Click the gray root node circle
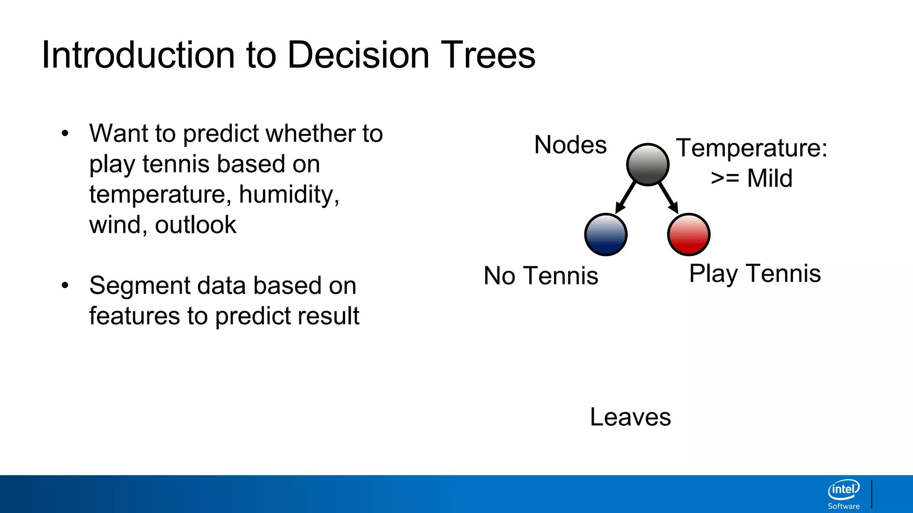tap(647, 164)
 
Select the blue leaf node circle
tap(605, 235)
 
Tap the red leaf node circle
tap(688, 235)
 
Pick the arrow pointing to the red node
tap(668, 197)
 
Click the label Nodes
tap(570, 145)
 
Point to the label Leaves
tap(630, 417)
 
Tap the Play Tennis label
tap(755, 273)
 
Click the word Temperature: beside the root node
tap(752, 148)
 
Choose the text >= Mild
tap(752, 178)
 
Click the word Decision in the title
tap(358, 55)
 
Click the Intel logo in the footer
tap(843, 490)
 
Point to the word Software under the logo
tap(843, 506)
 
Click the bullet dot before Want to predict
tap(65, 133)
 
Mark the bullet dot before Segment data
tap(65, 285)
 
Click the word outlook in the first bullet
tap(195, 225)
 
